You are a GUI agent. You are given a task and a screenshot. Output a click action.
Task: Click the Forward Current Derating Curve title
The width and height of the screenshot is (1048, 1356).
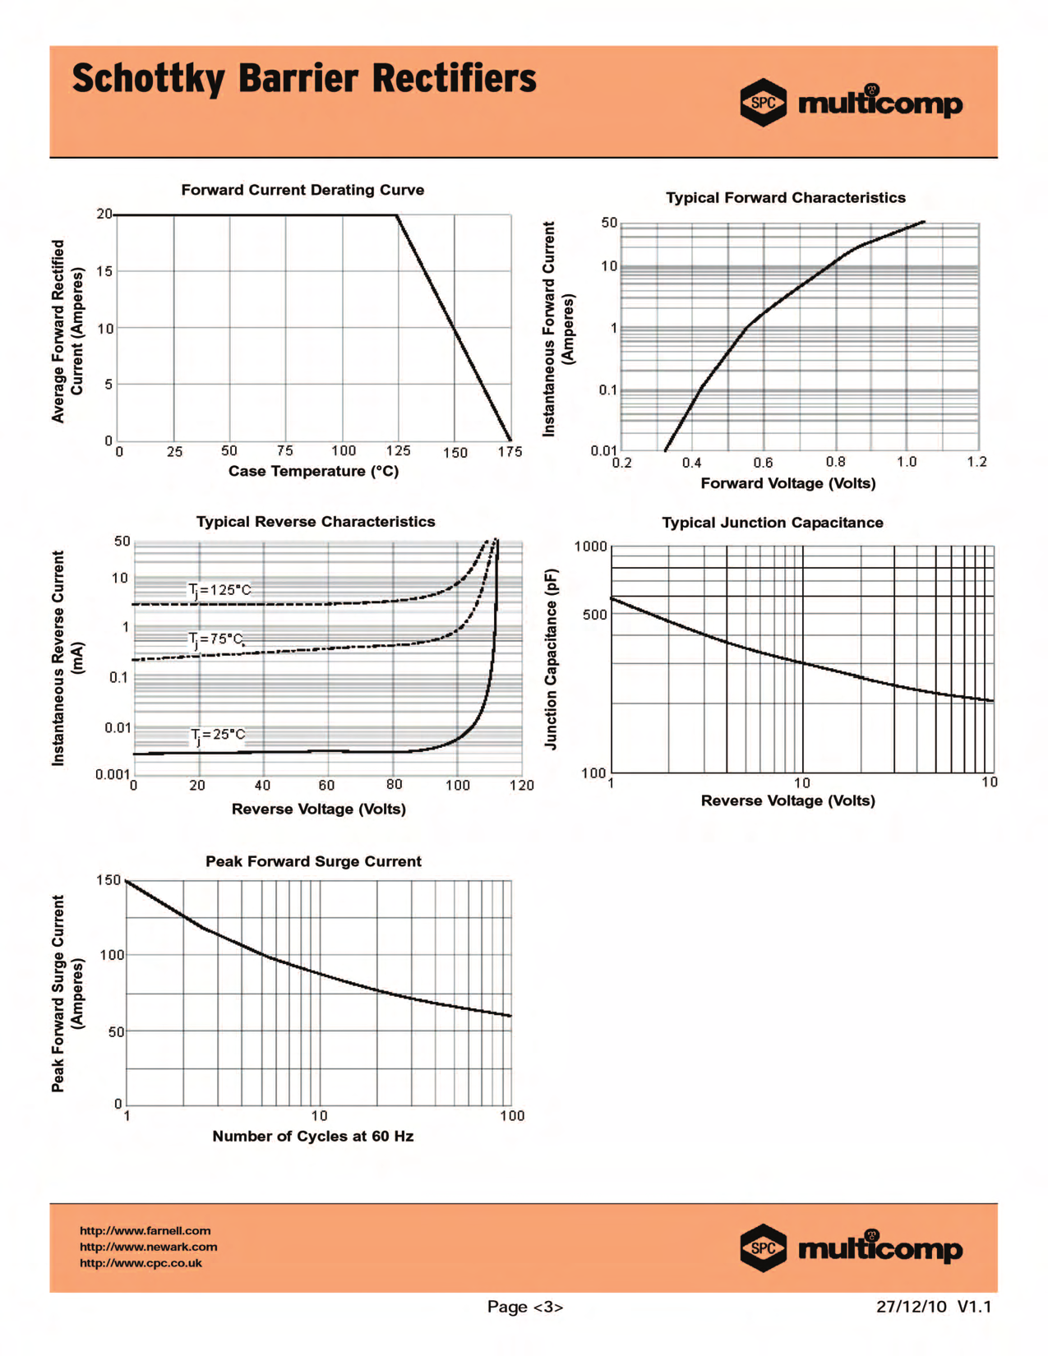pyautogui.click(x=302, y=190)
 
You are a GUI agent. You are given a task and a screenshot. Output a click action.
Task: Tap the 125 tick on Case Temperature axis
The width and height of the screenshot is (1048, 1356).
pyautogui.click(x=398, y=450)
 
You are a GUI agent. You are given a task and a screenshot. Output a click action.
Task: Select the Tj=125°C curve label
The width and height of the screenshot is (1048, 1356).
pyautogui.click(x=219, y=590)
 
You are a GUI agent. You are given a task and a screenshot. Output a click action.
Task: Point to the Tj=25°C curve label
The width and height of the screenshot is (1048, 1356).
pyautogui.click(x=218, y=735)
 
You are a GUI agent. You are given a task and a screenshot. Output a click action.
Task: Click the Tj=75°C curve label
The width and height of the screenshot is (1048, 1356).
pyautogui.click(x=216, y=639)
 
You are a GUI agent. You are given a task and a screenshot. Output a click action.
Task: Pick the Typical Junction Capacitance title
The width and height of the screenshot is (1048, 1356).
pyautogui.click(x=773, y=523)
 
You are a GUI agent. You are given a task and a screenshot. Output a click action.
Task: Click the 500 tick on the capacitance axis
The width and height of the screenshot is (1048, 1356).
pyautogui.click(x=594, y=615)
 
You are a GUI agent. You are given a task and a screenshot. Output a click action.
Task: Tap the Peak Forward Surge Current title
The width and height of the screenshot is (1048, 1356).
pyautogui.click(x=313, y=861)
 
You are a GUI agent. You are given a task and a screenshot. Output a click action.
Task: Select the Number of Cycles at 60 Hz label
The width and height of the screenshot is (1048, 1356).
pyautogui.click(x=312, y=1136)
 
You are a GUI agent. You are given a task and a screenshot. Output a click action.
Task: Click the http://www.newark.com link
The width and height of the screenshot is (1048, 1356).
pyautogui.click(x=148, y=1247)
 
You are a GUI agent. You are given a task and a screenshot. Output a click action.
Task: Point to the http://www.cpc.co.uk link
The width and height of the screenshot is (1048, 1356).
pyautogui.click(x=141, y=1263)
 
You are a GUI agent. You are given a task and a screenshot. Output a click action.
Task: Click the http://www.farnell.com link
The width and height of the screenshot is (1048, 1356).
pyautogui.click(x=145, y=1230)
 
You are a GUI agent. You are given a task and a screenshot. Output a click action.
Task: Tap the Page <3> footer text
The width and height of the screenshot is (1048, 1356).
pyautogui.click(x=525, y=1307)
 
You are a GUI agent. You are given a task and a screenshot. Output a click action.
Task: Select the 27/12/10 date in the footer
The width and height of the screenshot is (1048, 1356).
pyautogui.click(x=912, y=1307)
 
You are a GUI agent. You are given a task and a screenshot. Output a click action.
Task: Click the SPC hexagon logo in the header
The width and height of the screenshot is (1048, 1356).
pyautogui.click(x=763, y=103)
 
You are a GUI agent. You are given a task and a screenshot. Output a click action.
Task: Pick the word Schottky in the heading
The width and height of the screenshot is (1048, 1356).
pyautogui.click(x=148, y=80)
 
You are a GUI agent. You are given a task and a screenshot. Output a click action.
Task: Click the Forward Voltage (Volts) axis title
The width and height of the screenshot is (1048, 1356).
pyautogui.click(x=787, y=483)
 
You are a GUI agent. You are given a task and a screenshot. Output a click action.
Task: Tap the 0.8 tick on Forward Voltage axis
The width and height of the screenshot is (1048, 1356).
pyautogui.click(x=835, y=462)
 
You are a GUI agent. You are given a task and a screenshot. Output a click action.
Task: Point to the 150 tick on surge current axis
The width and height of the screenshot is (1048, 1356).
pyautogui.click(x=108, y=880)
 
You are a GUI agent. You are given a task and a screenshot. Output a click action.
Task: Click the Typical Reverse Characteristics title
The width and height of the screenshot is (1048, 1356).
pyautogui.click(x=316, y=522)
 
